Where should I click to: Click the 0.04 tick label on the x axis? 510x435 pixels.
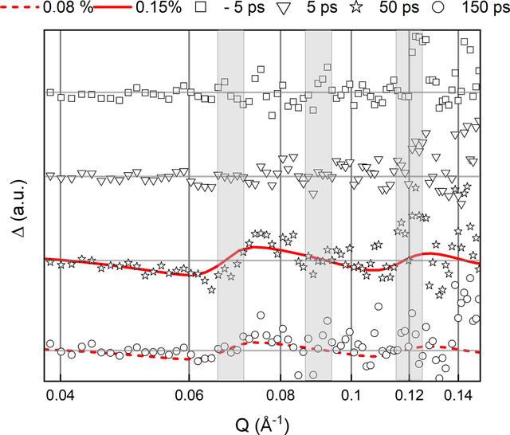click(x=61, y=396)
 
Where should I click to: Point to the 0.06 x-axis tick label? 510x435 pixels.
click(x=189, y=396)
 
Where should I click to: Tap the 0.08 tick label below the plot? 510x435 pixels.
click(x=280, y=396)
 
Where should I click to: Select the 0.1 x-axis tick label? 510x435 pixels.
click(x=351, y=396)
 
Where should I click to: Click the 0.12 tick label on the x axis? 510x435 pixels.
click(x=409, y=396)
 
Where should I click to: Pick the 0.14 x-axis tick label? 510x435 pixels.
click(x=458, y=396)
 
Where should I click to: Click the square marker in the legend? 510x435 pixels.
click(x=202, y=8)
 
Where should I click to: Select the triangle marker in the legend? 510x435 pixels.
click(x=284, y=9)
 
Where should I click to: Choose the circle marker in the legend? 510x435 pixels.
click(x=439, y=8)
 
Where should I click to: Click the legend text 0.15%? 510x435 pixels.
click(x=159, y=7)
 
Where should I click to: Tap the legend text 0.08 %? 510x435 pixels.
click(x=68, y=7)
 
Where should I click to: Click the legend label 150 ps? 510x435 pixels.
click(x=486, y=8)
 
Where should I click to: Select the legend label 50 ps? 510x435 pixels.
click(x=399, y=8)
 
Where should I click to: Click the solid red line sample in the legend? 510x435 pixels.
click(x=112, y=7)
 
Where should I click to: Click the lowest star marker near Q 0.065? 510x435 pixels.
click(x=212, y=289)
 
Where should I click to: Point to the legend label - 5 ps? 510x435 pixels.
click(x=245, y=8)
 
